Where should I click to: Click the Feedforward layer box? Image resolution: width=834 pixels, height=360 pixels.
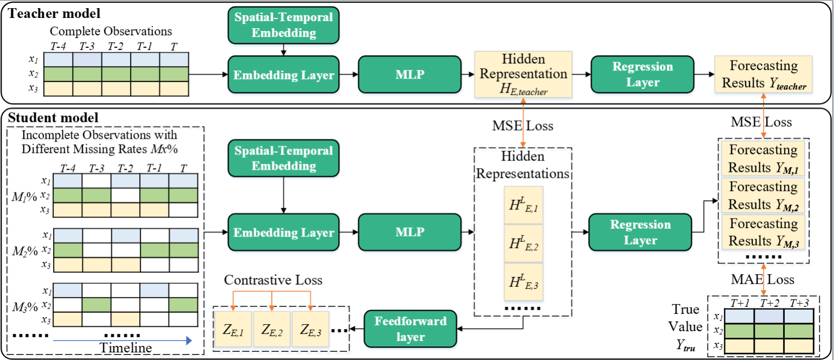tap(411, 329)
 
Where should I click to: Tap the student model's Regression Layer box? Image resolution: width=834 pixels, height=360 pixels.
tap(641, 233)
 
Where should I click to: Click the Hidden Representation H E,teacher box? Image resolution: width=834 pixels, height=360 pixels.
tap(523, 74)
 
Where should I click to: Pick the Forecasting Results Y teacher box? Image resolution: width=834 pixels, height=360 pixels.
tap(764, 74)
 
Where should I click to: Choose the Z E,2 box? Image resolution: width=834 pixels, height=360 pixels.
tap(271, 329)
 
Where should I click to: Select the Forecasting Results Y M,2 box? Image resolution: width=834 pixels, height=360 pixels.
tap(763, 196)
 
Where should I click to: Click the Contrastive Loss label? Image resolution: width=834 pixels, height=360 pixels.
tap(273, 280)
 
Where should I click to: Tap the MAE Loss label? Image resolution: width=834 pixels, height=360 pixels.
tap(763, 279)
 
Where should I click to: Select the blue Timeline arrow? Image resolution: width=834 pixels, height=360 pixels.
tap(122, 340)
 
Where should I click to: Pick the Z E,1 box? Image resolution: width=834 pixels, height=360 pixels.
tap(233, 329)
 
